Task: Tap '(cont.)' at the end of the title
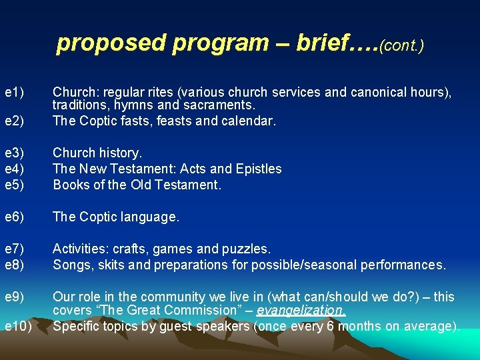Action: pyautogui.click(x=402, y=45)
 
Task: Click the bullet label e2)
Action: pyautogui.click(x=15, y=121)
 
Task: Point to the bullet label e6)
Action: pyautogui.click(x=15, y=217)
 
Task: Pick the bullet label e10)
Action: pyautogui.click(x=18, y=326)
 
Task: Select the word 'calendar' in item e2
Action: pyautogui.click(x=251, y=121)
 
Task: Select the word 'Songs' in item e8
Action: pyautogui.click(x=70, y=265)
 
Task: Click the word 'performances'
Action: pyautogui.click(x=406, y=265)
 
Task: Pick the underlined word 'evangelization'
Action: pyautogui.click(x=301, y=311)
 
